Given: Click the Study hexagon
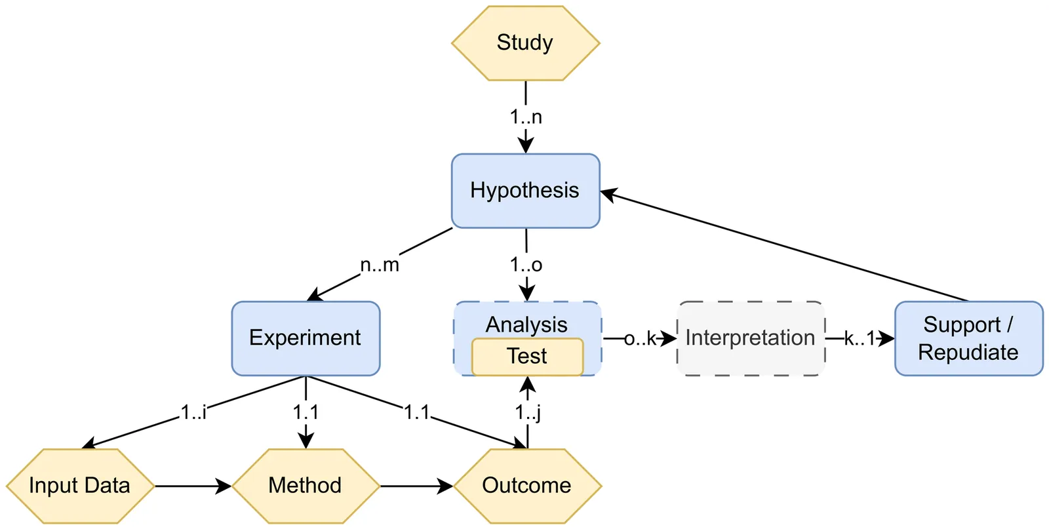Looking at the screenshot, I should [525, 43].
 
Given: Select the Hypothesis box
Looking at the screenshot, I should [525, 191].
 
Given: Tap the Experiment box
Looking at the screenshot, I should [306, 338].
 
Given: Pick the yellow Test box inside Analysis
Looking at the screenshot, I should [527, 357].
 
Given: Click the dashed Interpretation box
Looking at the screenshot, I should [751, 338].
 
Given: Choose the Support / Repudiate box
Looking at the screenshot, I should [968, 338].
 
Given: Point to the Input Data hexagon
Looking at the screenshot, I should [80, 486].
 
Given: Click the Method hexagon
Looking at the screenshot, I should [306, 486].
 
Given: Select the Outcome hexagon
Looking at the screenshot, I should [527, 486].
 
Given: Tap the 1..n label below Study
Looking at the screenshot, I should [526, 117].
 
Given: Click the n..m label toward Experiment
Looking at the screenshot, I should [380, 265].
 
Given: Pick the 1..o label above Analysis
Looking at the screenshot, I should [526, 265].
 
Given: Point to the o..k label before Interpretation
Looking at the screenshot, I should [640, 339].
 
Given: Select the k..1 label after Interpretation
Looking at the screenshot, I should [860, 339].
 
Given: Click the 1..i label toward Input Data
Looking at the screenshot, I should [193, 412].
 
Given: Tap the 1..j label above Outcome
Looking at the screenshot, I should [528, 412].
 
